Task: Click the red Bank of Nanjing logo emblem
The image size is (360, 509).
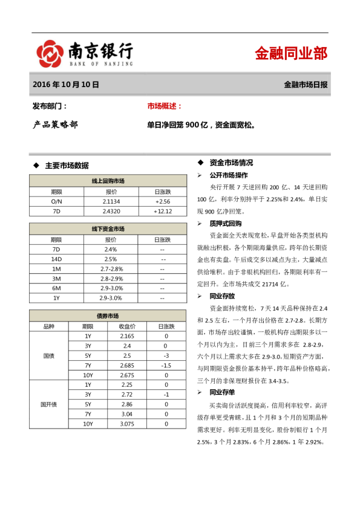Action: [50, 53]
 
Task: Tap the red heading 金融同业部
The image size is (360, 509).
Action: [290, 53]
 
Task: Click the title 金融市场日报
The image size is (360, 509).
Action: [306, 85]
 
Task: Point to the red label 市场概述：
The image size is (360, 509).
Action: [165, 106]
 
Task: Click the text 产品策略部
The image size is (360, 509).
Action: [55, 125]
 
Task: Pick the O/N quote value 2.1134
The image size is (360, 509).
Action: [111, 201]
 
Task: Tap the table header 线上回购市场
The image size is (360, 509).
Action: [108, 180]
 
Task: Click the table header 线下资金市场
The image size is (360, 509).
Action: [108, 229]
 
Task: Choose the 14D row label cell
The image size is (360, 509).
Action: [57, 259]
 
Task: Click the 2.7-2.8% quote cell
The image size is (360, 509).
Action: [111, 268]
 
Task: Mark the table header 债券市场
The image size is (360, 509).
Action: [108, 316]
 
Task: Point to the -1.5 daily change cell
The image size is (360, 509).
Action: [166, 365]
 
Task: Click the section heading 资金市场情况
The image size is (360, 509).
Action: [231, 163]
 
